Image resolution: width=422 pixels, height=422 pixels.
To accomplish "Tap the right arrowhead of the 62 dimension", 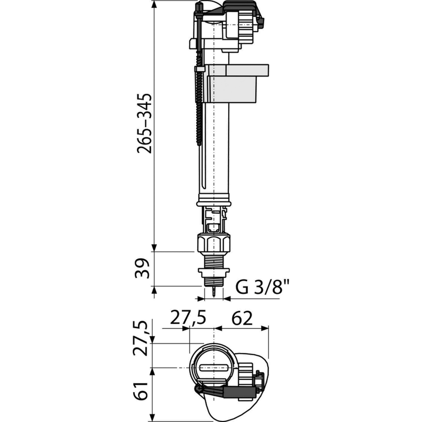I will coord(265,328).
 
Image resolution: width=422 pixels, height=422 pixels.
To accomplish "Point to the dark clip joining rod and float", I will coord(200,69).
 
